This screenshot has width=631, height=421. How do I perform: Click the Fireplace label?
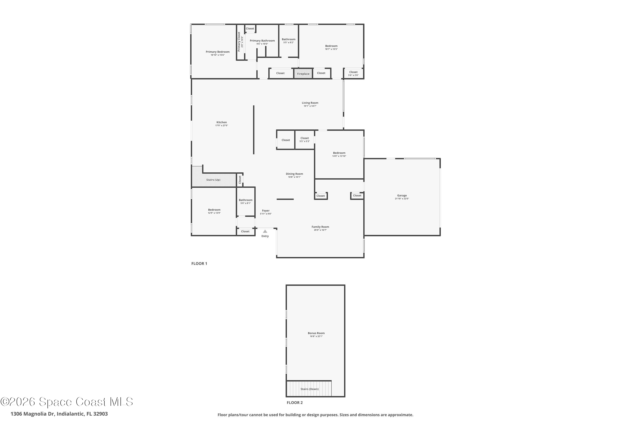303,74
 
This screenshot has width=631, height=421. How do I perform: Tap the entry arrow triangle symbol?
265,231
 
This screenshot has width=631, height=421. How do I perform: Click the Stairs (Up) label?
213,180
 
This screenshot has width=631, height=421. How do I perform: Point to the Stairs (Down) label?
309,389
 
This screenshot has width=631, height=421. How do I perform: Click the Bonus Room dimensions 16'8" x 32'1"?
316,336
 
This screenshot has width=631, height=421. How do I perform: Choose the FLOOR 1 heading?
199,263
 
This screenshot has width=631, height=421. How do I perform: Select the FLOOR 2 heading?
295,402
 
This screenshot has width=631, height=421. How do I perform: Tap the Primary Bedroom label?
217,52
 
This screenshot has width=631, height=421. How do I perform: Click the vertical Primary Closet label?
239,42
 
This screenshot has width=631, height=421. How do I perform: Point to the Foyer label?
266,211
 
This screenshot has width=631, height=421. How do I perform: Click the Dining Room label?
294,174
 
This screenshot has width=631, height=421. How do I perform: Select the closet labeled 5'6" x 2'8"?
353,73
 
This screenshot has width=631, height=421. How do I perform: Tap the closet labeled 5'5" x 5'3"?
305,139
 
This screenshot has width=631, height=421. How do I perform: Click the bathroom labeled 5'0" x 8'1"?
245,201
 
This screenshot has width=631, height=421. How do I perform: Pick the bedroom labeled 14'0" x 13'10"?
339,154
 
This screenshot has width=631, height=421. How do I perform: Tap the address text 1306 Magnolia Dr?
59,414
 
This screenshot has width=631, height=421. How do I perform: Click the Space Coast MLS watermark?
66,402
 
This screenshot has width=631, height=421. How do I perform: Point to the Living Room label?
310,103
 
